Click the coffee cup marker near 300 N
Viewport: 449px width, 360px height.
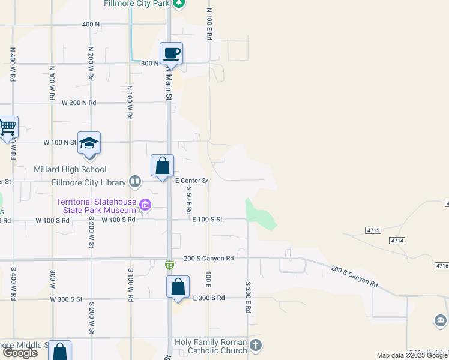pos(171,53)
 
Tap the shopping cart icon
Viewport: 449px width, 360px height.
pos(8,127)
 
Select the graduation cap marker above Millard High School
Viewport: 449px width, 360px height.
pos(89,143)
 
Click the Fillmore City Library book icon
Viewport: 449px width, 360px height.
pos(136,182)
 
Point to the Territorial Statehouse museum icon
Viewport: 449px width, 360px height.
pos(145,206)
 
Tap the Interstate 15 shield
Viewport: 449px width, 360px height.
pos(170,265)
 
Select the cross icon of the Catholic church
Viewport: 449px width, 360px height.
pos(256,345)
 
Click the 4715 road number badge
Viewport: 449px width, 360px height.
pos(373,230)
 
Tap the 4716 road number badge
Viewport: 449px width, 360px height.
pos(441,265)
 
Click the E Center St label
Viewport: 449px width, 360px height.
pos(191,180)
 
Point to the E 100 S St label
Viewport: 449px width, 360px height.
pos(207,220)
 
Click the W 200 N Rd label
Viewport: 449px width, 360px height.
pos(79,103)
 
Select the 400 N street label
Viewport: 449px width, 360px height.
pos(91,24)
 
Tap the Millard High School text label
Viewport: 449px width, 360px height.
pos(70,170)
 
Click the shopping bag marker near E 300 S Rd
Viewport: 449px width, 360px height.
pos(178,287)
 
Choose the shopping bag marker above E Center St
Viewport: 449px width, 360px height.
pos(162,166)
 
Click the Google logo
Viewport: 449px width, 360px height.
pos(20,353)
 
